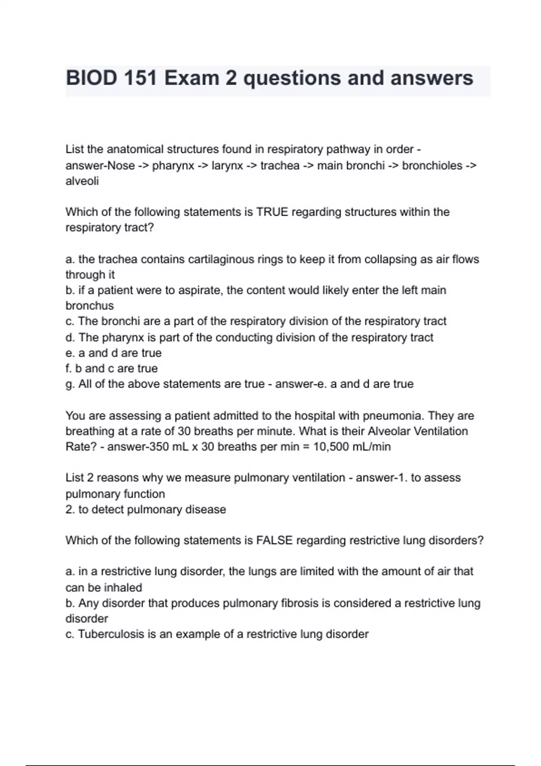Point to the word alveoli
[82, 181]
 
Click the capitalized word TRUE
[272, 212]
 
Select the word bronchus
[90, 305]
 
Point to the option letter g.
[70, 384]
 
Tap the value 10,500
[331, 447]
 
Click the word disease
[208, 510]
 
